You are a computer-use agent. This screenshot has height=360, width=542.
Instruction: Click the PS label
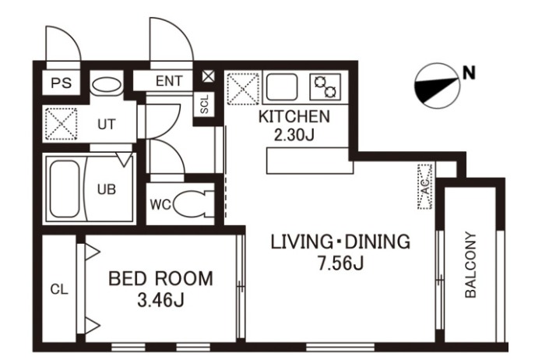[x=62, y=83]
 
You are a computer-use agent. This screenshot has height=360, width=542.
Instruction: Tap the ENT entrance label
[x=169, y=81]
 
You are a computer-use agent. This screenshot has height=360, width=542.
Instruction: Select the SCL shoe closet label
[x=205, y=104]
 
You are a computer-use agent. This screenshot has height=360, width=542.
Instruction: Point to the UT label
[x=107, y=124]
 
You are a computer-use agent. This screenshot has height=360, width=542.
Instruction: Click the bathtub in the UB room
[x=65, y=189]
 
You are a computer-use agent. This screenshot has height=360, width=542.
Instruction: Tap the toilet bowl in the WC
[x=188, y=204]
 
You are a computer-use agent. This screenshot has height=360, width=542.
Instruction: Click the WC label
[x=160, y=205]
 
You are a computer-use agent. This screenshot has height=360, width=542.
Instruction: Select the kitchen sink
[x=282, y=86]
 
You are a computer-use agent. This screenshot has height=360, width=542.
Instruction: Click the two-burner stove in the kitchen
[x=326, y=86]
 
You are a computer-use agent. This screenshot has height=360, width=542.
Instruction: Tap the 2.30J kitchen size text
[x=294, y=135]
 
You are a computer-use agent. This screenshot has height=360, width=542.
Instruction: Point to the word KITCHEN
[x=294, y=117]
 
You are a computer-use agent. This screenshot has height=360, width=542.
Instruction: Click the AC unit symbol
[x=425, y=187]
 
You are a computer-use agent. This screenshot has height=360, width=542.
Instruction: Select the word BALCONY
[x=470, y=265]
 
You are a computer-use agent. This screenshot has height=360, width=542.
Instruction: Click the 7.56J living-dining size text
[x=340, y=264]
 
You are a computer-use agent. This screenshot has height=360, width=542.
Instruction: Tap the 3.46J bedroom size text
[x=160, y=301]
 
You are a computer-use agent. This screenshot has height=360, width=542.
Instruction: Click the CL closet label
[x=59, y=289]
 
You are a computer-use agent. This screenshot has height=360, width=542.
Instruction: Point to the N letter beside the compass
[x=469, y=73]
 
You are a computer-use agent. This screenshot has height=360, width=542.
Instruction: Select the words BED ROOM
[x=160, y=279]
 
